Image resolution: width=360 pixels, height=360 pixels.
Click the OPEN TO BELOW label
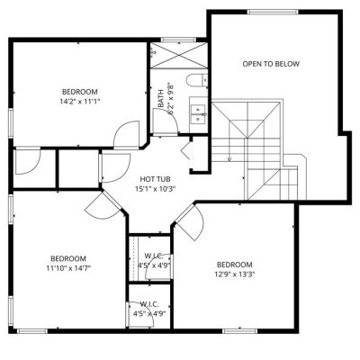pyautogui.click(x=271, y=64)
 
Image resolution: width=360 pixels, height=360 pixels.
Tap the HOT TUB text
pyautogui.click(x=155, y=179)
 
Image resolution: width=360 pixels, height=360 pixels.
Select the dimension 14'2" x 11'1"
pyautogui.click(x=79, y=102)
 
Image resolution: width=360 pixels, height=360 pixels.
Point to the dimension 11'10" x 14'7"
pyautogui.click(x=68, y=268)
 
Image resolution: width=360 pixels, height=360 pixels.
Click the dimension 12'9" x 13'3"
pyautogui.click(x=234, y=274)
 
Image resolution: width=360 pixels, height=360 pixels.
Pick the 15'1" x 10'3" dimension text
pyautogui.click(x=155, y=189)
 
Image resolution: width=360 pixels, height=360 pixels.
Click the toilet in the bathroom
pyautogui.click(x=197, y=80)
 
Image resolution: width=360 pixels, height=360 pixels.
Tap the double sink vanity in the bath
pyautogui.click(x=199, y=114)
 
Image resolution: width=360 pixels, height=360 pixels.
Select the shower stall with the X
pyautogui.click(x=179, y=56)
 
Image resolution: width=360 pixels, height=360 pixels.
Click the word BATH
pyautogui.click(x=161, y=98)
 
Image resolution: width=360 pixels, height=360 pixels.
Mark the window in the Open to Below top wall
pyautogui.click(x=273, y=12)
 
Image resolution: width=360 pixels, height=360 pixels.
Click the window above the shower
pyautogui.click(x=178, y=40)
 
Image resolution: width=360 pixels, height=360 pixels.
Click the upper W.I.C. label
pyautogui.click(x=153, y=256)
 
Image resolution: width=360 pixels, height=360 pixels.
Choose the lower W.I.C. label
pyautogui.click(x=149, y=304)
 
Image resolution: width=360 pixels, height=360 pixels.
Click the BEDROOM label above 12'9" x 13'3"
pyautogui.click(x=234, y=265)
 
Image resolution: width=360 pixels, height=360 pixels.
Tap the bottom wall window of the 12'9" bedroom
pyautogui.click(x=240, y=331)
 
